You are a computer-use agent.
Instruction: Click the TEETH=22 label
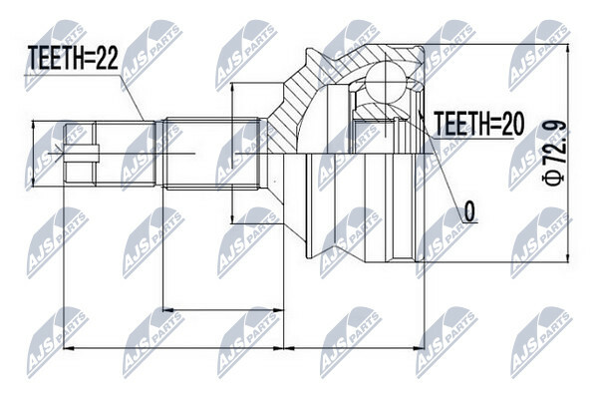tap(73, 58)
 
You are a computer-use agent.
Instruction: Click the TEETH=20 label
tap(479, 124)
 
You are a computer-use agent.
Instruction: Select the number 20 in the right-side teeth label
tap(512, 124)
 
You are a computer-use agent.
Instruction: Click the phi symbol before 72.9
tap(554, 178)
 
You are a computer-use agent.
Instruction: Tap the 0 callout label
tap(469, 211)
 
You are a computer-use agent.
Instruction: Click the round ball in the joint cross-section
tap(386, 82)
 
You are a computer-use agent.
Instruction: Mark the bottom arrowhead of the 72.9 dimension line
tap(568, 257)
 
